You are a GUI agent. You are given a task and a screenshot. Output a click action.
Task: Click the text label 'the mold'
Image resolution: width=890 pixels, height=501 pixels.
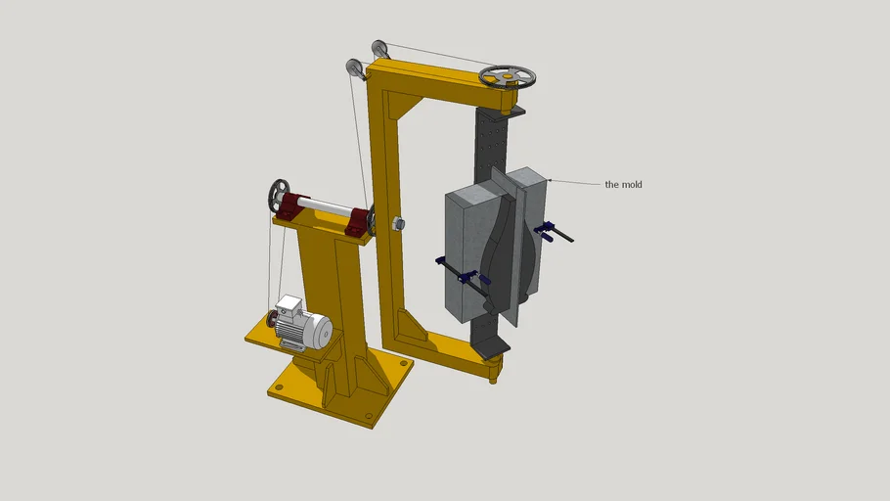tap(623, 184)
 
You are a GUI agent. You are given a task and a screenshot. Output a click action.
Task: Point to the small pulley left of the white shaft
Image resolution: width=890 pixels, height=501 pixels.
tap(281, 194)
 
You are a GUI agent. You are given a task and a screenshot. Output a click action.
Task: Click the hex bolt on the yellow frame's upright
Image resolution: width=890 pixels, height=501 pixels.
tap(398, 223)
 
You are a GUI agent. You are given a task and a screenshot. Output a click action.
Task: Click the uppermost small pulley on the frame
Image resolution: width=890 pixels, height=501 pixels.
tap(380, 49)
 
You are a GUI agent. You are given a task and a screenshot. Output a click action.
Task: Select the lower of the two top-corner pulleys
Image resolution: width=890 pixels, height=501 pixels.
tap(354, 70)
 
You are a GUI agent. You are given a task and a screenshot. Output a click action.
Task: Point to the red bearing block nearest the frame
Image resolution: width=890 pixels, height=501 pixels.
tap(359, 222)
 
